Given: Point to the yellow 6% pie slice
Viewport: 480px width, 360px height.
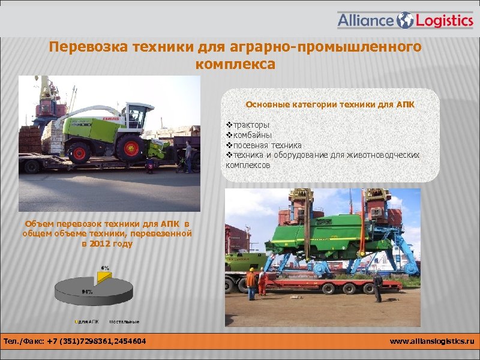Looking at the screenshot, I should click(104, 276).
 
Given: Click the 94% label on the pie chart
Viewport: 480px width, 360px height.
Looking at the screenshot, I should click(87, 291).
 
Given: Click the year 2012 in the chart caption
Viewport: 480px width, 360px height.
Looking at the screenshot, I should click(104, 244).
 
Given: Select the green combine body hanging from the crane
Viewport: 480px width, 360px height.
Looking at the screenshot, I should click(318, 240).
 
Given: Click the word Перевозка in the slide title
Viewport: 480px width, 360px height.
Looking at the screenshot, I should click(83, 47).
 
